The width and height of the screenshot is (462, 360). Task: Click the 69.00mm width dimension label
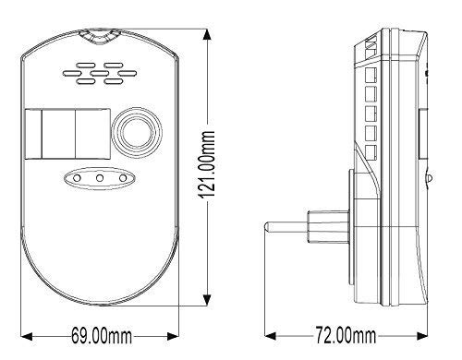(102, 335)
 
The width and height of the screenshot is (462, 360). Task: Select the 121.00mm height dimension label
(206, 164)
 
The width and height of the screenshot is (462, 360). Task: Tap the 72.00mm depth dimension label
(346, 335)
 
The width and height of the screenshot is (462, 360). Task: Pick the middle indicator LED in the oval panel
(100, 178)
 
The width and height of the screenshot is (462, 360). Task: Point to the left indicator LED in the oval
(77, 178)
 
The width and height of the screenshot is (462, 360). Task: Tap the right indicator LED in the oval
(123, 178)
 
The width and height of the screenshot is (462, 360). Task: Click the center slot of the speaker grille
(100, 73)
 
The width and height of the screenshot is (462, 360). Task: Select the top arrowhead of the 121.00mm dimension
(207, 34)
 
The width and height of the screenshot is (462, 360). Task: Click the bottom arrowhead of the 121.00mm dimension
(207, 300)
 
